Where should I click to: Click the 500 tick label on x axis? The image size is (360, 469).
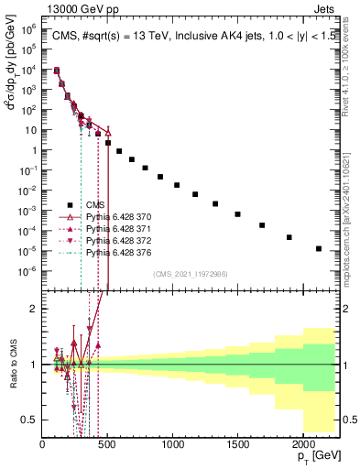click(x=107, y=444)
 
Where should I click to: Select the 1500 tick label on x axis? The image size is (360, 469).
click(x=237, y=444)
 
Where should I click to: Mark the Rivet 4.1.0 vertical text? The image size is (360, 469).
click(x=349, y=60)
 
